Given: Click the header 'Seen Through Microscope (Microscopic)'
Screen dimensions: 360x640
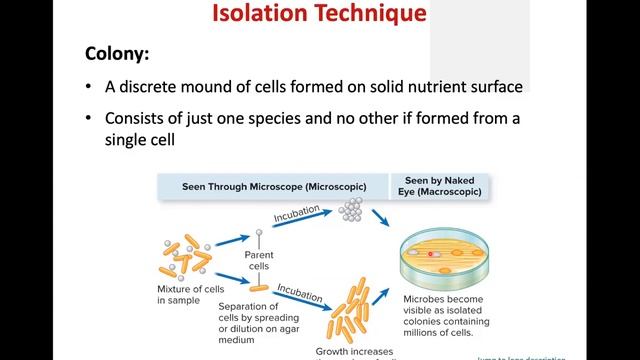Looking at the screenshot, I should (273, 187).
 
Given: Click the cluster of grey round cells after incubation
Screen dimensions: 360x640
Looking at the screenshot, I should (350, 210).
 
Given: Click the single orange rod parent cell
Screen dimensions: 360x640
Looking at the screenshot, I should (258, 288).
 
